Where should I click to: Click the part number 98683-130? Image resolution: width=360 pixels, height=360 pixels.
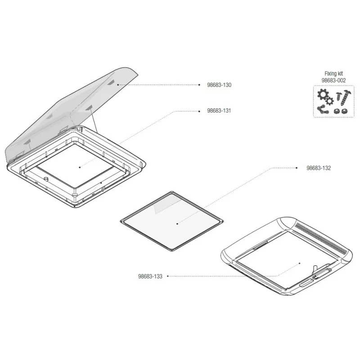point(219,85)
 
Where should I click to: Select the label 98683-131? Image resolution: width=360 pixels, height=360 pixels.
point(219,111)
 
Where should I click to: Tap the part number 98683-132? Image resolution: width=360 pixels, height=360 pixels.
point(319,168)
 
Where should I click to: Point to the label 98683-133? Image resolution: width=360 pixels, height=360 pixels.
point(150,276)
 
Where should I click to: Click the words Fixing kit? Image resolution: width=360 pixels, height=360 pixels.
point(333,74)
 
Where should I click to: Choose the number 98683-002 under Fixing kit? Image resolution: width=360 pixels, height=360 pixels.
point(333,81)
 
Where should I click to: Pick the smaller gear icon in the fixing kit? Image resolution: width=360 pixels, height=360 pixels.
point(330,101)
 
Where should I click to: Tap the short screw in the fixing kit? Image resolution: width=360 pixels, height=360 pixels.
point(338,96)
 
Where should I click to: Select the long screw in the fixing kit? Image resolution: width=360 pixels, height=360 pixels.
point(345,98)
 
